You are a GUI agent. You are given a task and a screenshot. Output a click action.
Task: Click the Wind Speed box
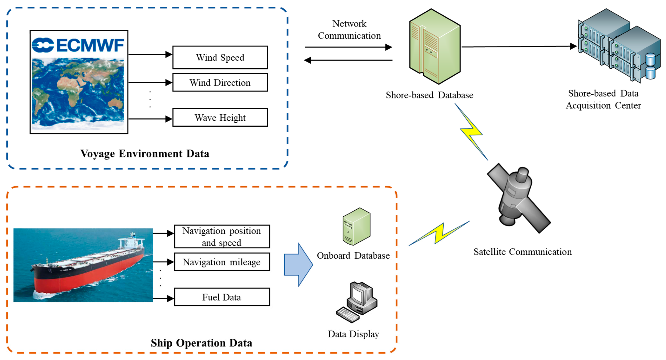(x=220, y=57)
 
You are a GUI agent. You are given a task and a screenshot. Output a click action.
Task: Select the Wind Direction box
(x=220, y=83)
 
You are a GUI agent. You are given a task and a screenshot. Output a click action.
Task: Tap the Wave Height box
(x=220, y=118)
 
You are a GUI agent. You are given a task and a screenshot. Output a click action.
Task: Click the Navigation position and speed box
(x=222, y=236)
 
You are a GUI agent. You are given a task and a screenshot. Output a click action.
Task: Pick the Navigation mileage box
(x=222, y=262)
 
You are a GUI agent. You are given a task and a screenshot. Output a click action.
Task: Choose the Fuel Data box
(x=222, y=297)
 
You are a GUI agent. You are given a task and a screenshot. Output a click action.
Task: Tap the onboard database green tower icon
(x=356, y=227)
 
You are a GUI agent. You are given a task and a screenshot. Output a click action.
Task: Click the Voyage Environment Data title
(x=145, y=154)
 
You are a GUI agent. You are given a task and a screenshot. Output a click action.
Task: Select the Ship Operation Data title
(x=201, y=343)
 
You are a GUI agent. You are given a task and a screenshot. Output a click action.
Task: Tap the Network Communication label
(x=349, y=30)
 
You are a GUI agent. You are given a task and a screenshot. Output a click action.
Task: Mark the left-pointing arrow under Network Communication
(x=348, y=60)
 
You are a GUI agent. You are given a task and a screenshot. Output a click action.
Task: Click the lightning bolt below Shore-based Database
(x=471, y=132)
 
